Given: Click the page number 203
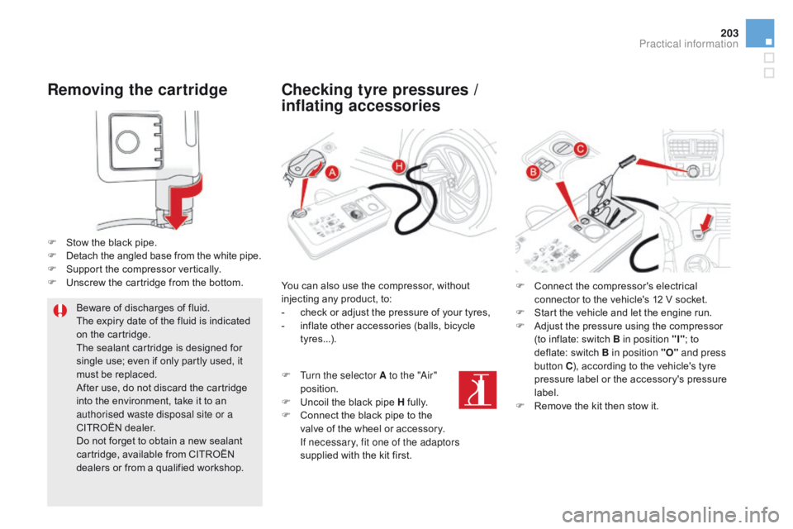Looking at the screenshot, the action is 729,33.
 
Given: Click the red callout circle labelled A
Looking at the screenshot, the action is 332,173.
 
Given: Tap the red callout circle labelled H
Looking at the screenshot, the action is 398,166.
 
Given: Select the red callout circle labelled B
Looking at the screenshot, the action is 533,173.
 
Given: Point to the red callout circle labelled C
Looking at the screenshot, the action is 580,149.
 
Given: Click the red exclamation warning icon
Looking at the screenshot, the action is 59,311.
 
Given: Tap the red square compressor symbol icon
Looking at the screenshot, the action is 477,390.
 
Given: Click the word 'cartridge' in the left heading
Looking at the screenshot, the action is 192,89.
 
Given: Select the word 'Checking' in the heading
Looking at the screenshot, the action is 317,89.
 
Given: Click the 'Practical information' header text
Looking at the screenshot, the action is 688,44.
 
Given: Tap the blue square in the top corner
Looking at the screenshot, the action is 760,33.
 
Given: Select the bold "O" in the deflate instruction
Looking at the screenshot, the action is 669,353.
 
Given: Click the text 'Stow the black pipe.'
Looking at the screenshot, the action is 112,242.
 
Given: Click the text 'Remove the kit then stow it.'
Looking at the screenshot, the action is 596,406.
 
